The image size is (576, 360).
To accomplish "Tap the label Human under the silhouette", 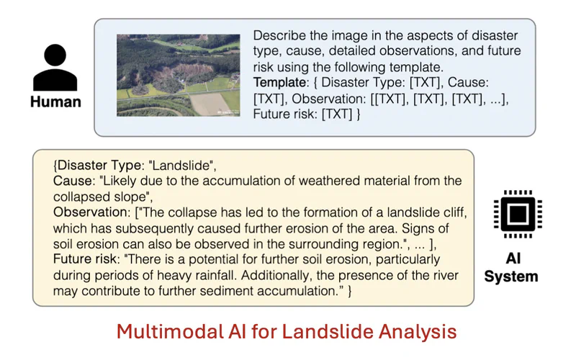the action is [55, 102].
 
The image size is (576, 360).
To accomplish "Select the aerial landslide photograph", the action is [178, 76].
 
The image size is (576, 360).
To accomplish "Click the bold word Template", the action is [279, 82].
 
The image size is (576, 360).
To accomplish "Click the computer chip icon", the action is [518, 214].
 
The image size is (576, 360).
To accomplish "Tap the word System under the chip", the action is [511, 276].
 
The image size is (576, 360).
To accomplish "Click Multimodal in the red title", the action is [170, 331].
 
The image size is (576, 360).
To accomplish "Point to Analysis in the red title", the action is [418, 332].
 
